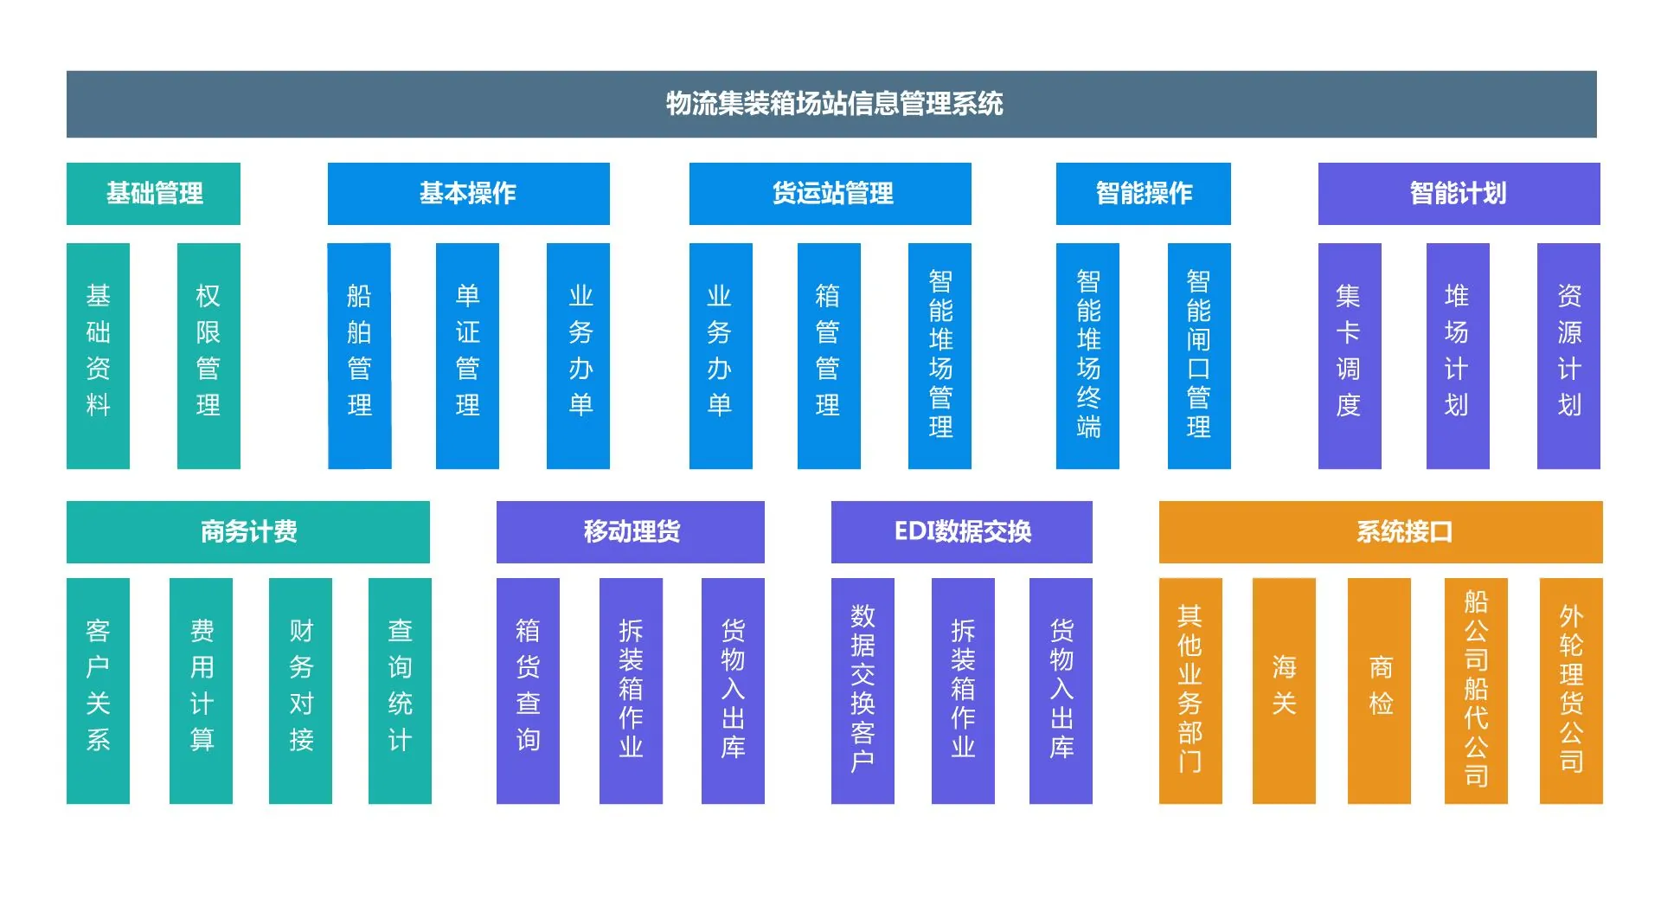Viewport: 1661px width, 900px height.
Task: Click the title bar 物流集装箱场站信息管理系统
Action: coord(831,104)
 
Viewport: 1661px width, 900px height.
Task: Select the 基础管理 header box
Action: coord(153,193)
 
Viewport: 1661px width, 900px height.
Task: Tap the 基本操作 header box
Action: coord(468,193)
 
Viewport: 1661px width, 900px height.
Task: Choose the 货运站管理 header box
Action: coord(830,193)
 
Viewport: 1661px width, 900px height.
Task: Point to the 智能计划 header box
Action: coord(1459,193)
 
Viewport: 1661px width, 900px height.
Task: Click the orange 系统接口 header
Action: coord(1381,531)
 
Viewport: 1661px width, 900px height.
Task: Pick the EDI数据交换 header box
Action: coord(961,531)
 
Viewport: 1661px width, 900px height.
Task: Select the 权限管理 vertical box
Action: coord(208,356)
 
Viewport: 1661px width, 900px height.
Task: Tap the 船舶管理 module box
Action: coord(359,356)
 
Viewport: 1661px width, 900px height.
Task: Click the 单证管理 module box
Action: coord(467,356)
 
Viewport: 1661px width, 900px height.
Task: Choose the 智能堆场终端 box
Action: coord(1087,356)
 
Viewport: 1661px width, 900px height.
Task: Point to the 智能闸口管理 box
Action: coord(1199,356)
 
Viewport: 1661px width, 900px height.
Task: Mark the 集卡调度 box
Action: coord(1350,356)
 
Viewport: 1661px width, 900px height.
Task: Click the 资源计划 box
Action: coord(1568,356)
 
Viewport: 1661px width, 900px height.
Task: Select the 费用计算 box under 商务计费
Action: coord(201,691)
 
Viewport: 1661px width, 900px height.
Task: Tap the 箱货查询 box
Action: coord(528,691)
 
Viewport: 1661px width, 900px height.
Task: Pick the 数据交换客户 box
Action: coord(863,691)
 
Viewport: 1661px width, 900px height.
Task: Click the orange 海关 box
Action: coord(1284,691)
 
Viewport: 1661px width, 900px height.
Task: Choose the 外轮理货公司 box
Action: coord(1571,691)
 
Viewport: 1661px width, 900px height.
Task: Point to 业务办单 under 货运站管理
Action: coord(721,356)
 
